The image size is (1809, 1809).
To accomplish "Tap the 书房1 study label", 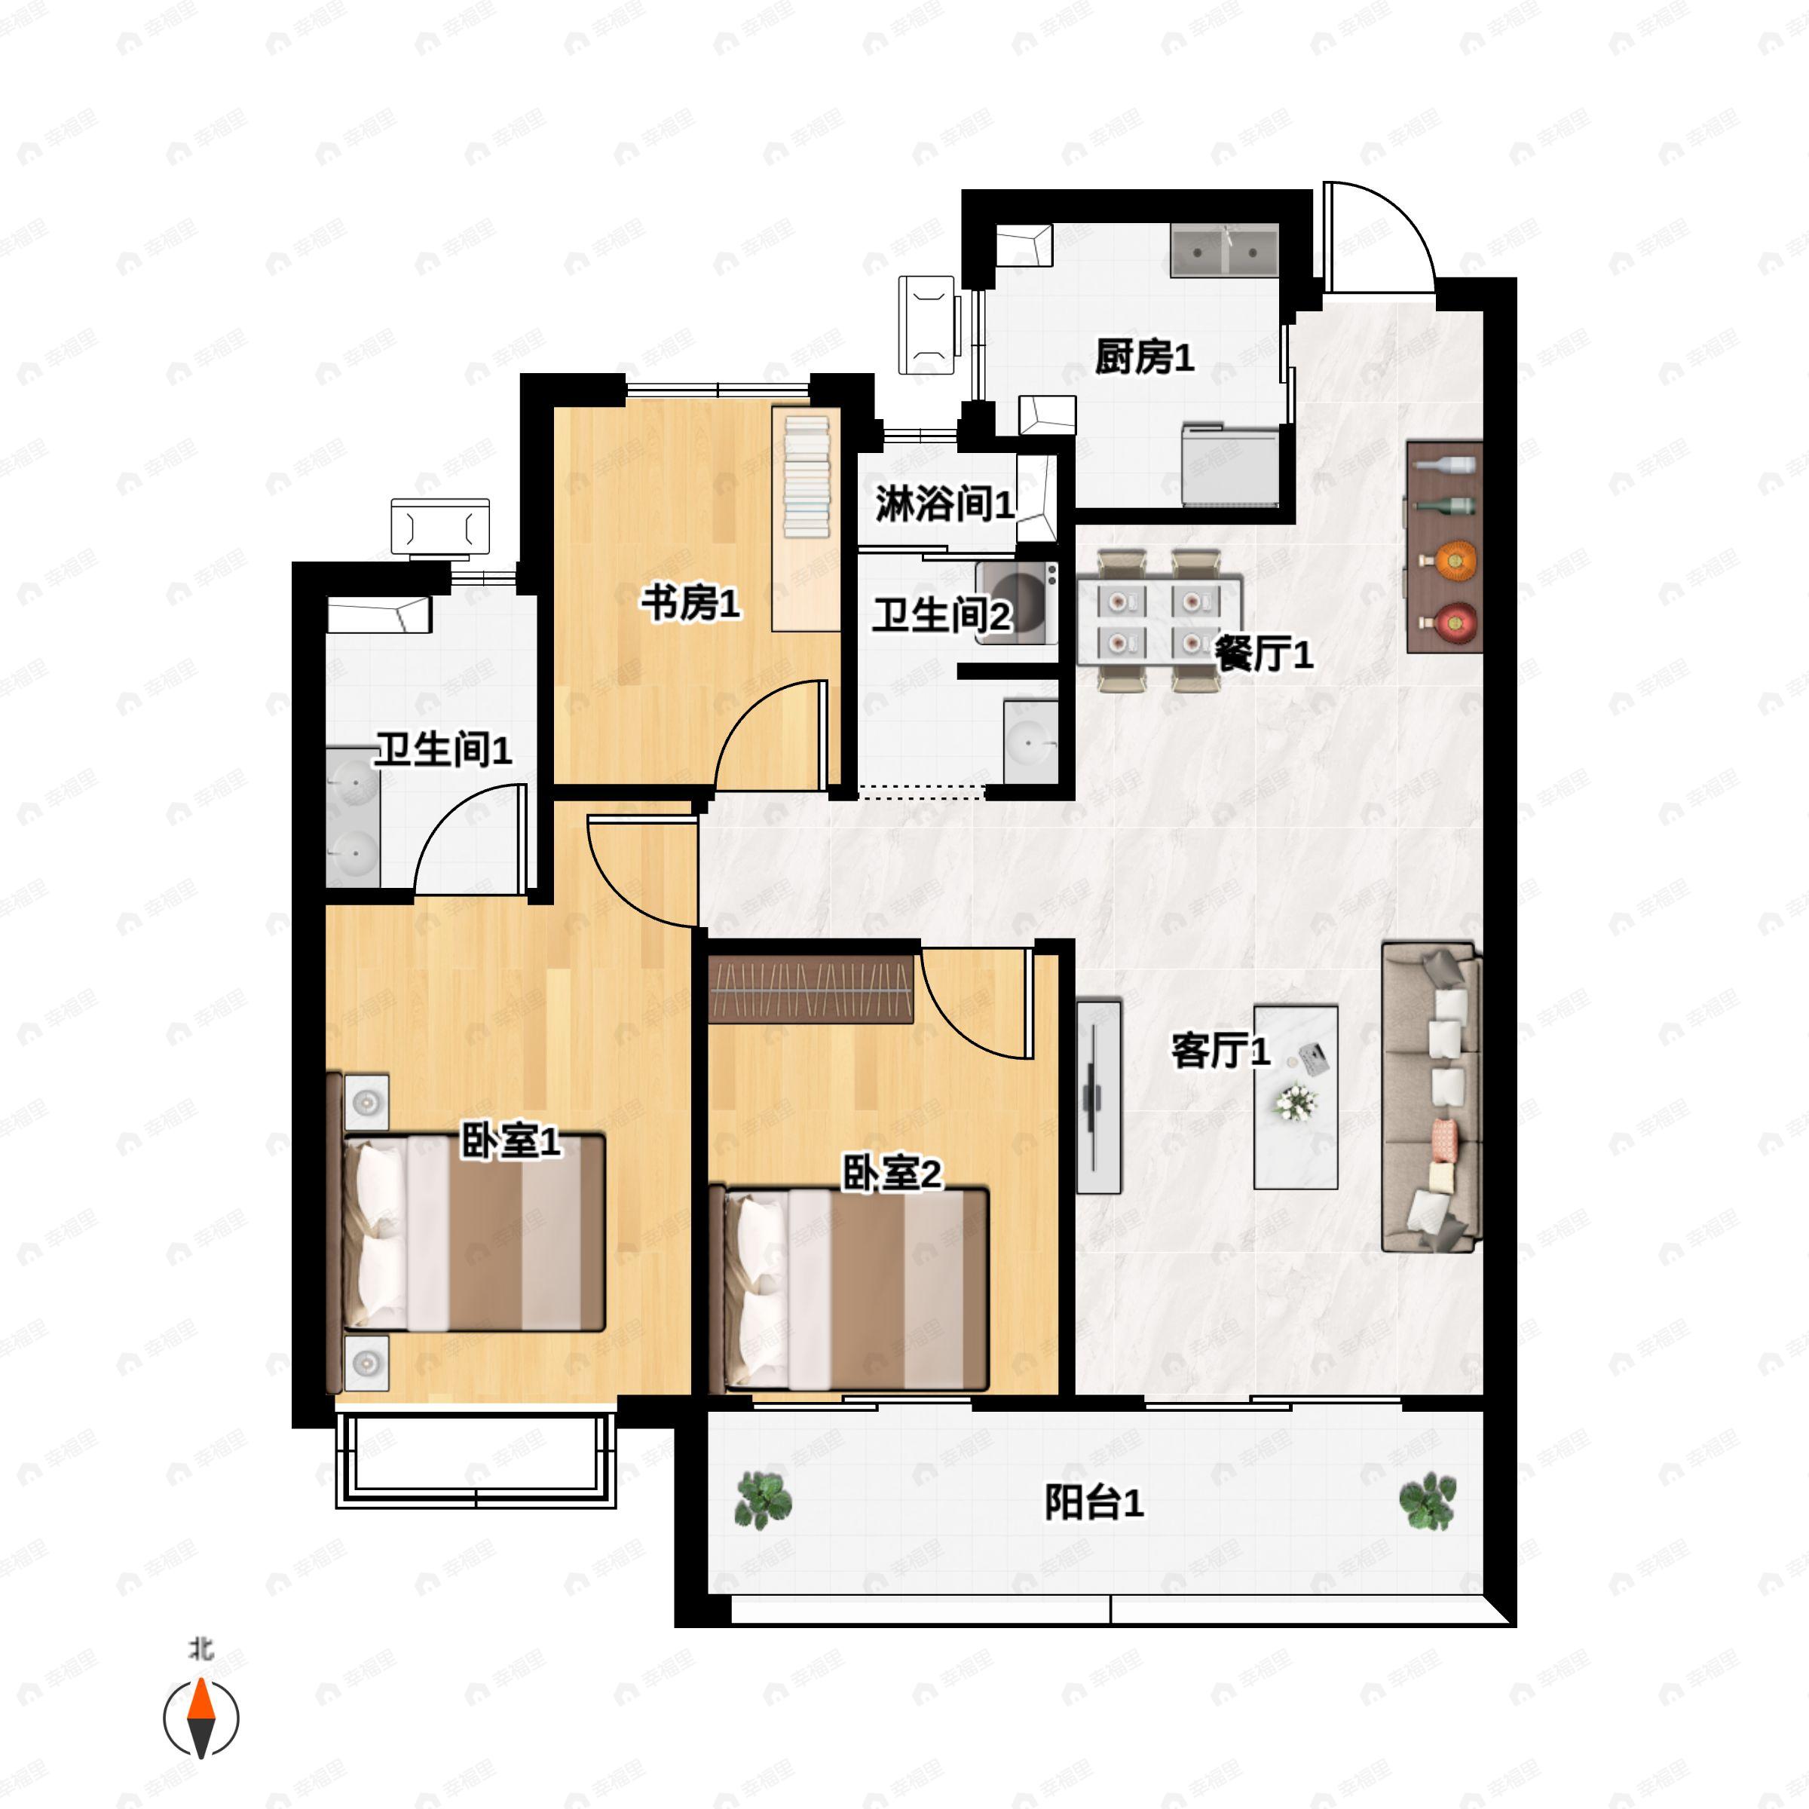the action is tap(690, 603).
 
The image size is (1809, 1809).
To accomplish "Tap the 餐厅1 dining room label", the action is tap(1263, 653).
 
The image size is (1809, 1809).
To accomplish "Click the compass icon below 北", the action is tap(201, 1719).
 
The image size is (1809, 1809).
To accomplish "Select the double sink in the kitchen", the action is tap(1224, 250).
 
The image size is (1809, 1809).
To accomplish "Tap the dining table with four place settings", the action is tap(1159, 621).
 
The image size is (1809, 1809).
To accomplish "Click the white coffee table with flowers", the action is tap(1296, 1097).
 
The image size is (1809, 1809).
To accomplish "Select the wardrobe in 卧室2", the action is tap(811, 989).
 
